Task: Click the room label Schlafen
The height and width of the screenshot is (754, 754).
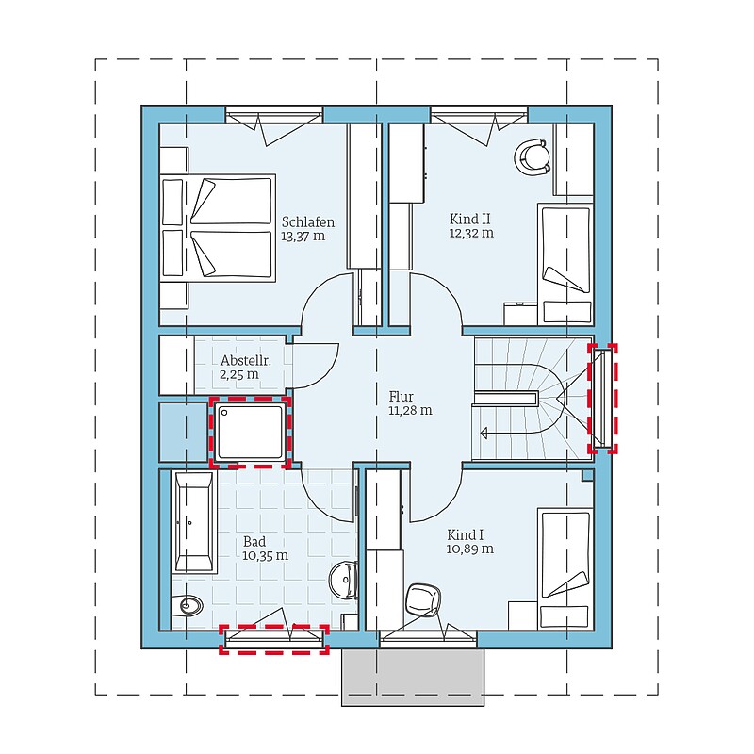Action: point(308,222)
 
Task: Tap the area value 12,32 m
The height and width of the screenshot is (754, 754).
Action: point(471,233)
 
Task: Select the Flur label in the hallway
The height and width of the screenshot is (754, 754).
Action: point(402,397)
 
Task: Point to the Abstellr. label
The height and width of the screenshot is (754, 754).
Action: point(246,361)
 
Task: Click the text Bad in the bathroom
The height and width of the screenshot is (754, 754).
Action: point(254,541)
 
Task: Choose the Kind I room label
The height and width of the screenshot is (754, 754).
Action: point(465,534)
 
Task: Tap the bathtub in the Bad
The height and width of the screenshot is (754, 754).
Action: point(194,522)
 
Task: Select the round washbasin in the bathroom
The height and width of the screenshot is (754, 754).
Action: point(343,580)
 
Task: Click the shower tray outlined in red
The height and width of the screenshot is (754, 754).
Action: point(250,432)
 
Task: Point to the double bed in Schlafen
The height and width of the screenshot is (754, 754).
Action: point(218,227)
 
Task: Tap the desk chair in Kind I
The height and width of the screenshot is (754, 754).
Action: point(423,599)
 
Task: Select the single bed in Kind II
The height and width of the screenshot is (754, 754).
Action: point(565,265)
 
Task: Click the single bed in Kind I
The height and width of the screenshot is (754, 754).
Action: point(565,569)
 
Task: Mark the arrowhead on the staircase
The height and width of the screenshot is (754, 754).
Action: point(484,434)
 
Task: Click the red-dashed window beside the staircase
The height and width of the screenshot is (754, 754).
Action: point(602,399)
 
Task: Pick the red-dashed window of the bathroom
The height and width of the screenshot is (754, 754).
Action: point(274,639)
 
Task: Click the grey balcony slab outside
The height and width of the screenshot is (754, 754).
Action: point(413,677)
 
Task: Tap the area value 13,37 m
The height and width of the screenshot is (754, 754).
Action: point(303,237)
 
